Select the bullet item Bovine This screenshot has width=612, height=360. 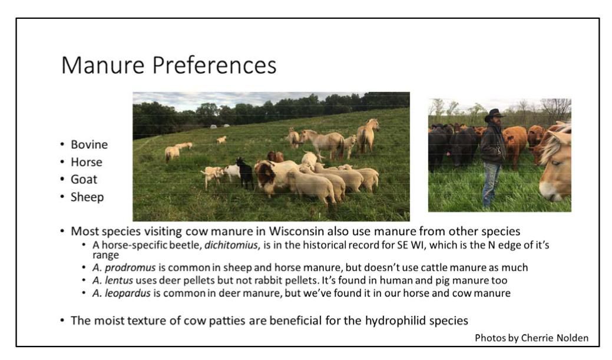click(89, 144)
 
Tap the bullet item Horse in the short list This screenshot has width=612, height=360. click(86, 162)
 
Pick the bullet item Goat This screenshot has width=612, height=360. click(84, 179)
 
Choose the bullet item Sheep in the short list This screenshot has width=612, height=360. click(87, 197)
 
